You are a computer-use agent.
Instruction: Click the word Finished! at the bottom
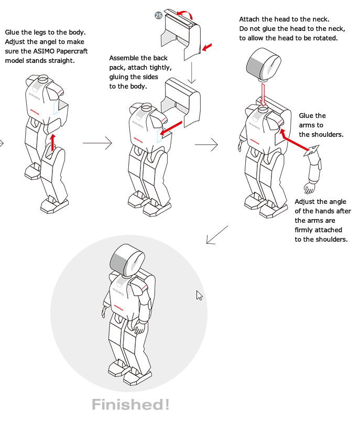tap(130, 405)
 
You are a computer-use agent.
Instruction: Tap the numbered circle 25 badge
tap(158, 16)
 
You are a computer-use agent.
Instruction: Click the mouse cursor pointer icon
tap(199, 295)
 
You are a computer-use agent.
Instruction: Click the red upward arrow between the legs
tap(52, 142)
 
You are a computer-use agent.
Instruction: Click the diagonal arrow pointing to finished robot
tap(217, 235)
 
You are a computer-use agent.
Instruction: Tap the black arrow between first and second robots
tap(97, 142)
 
